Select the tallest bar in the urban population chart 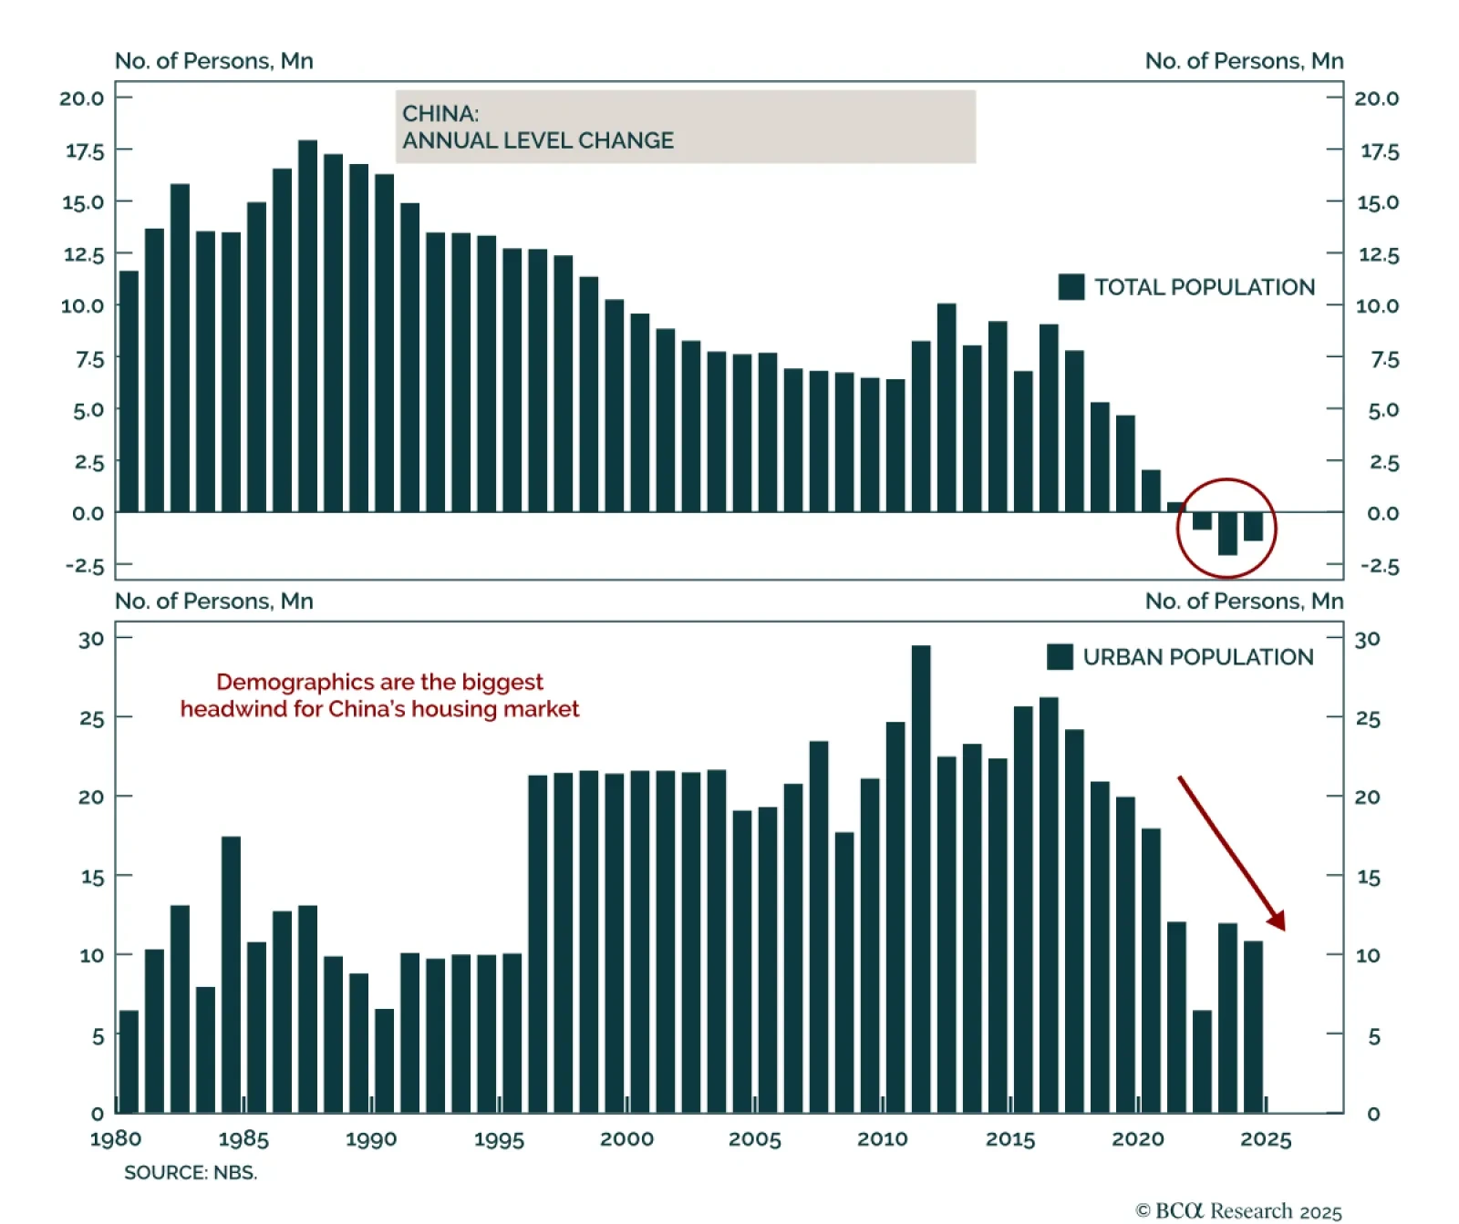tap(921, 879)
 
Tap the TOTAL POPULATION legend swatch tap(1071, 287)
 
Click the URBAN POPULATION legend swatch tap(1060, 657)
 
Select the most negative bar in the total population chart tap(1227, 534)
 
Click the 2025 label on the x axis tap(1266, 1139)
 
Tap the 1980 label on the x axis tap(116, 1139)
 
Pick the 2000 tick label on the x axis tap(626, 1139)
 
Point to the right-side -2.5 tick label tap(1380, 566)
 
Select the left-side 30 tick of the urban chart tap(91, 639)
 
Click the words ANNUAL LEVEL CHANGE tap(538, 140)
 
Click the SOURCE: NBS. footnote tap(191, 1173)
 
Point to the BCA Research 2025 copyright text tap(1238, 1210)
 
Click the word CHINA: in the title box tap(440, 114)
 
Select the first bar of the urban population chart tap(129, 1062)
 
